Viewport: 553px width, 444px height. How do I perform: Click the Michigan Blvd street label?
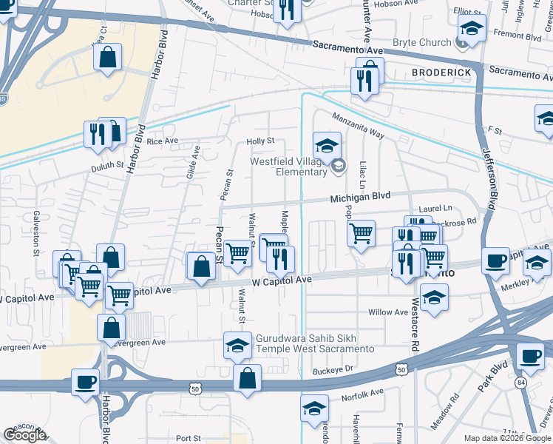(359, 198)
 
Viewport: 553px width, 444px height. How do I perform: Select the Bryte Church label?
(421, 43)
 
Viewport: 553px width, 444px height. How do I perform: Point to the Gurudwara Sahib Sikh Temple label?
(314, 343)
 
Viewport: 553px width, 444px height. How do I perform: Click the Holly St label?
(260, 141)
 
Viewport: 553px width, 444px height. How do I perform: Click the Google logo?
(24, 435)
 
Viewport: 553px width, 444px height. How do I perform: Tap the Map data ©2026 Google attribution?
(507, 438)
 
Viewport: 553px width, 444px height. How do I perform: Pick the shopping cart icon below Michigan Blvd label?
(361, 235)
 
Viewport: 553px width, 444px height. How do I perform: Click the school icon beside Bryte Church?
(470, 30)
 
